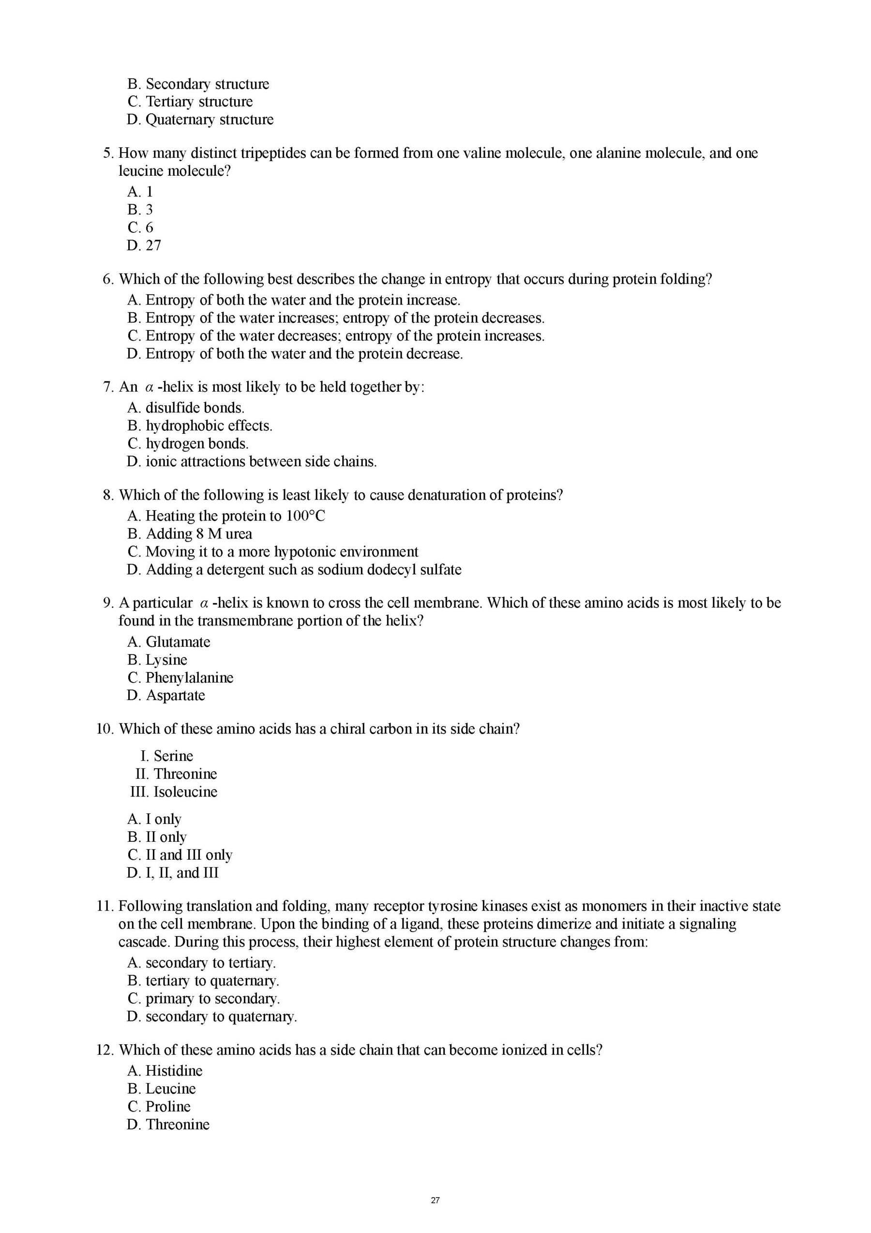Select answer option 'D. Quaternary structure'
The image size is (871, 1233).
tap(200, 119)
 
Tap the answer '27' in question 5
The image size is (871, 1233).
tap(153, 245)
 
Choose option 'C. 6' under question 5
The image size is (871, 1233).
tap(141, 227)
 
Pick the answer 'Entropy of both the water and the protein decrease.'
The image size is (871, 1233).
tap(295, 354)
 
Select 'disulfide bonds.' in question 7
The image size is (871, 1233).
tap(195, 408)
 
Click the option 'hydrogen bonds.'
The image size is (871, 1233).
tap(196, 443)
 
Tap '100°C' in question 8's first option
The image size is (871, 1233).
tap(305, 516)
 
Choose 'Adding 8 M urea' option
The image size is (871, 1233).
tap(190, 534)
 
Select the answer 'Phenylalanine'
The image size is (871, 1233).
tap(189, 678)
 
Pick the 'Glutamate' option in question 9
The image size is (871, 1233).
tap(178, 642)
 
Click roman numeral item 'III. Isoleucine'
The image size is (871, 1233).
tap(174, 792)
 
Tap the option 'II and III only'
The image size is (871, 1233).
tap(188, 855)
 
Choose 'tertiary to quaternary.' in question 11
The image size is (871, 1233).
tap(212, 981)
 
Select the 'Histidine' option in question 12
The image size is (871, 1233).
tap(174, 1071)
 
